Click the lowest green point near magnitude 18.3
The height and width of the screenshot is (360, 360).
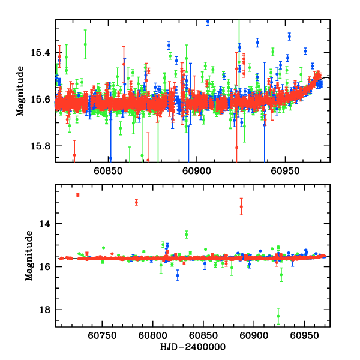tap(278, 316)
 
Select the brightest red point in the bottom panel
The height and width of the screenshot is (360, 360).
tap(77, 195)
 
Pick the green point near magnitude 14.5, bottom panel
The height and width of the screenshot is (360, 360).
tap(187, 234)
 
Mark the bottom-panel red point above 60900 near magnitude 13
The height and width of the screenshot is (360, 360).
tap(241, 206)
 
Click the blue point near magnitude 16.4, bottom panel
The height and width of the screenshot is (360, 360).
tap(178, 275)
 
